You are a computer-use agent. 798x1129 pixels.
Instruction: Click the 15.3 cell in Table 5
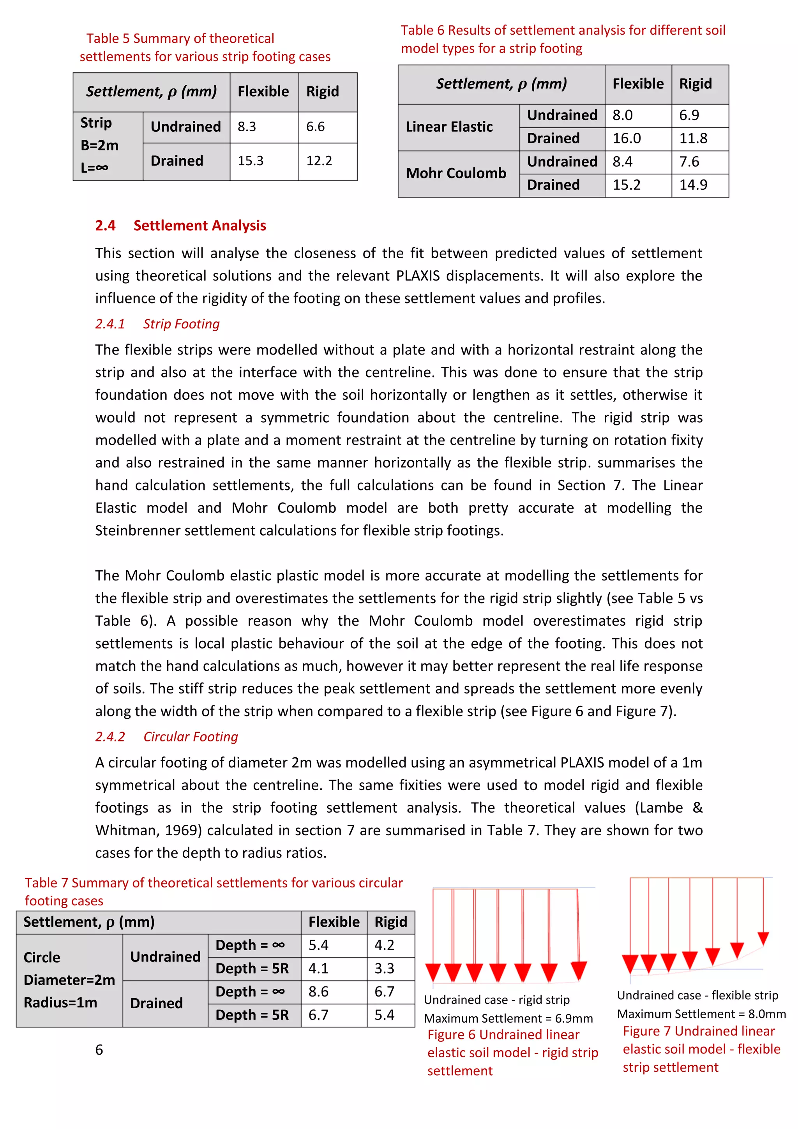coord(251,161)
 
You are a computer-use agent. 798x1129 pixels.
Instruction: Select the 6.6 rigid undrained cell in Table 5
coord(315,127)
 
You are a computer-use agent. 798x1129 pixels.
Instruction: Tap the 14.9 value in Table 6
coord(693,185)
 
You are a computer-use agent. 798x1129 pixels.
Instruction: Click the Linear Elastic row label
coord(449,127)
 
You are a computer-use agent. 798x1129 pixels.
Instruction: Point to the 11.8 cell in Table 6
coord(693,139)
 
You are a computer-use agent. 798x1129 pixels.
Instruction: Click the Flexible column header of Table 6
coord(638,84)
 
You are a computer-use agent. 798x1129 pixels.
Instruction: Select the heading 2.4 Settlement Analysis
coord(180,226)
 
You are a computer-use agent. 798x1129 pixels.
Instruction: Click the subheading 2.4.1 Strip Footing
coord(157,324)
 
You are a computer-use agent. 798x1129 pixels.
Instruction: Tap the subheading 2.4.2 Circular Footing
coord(167,737)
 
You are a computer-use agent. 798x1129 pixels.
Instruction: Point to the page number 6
coord(99,1050)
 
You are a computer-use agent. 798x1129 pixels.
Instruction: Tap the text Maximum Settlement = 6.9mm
coord(508,1018)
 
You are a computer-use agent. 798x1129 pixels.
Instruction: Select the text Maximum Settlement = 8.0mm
coord(701,1014)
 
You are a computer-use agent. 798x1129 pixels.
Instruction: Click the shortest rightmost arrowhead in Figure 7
coord(763,938)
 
